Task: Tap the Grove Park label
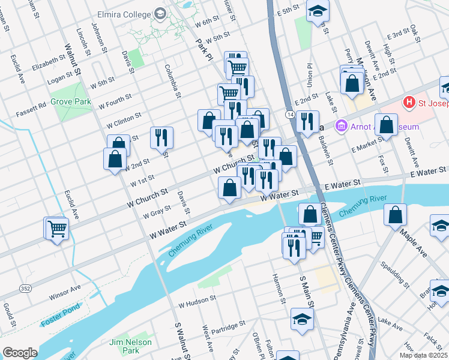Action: coord(71,101)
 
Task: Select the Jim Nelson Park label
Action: coord(130,346)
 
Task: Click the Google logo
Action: coord(19,353)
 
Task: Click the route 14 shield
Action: coord(290,114)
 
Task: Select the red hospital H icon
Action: coord(410,103)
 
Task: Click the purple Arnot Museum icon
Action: coord(342,127)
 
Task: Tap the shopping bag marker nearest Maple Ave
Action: coord(396,214)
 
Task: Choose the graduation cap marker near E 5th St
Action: coord(318,11)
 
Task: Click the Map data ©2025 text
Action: coord(423,355)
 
